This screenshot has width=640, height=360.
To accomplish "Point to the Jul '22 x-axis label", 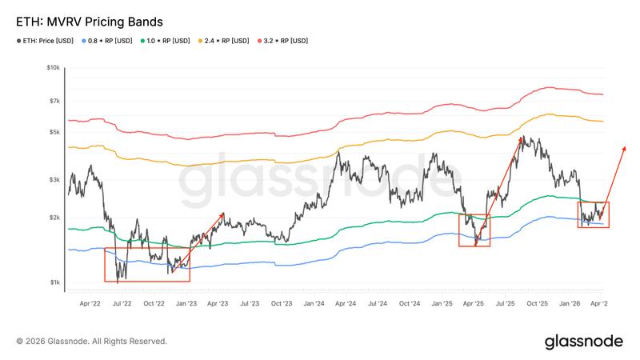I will point(122,305).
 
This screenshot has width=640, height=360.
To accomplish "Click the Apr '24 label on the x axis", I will point(346,305).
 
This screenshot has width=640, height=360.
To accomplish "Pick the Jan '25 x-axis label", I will point(442,305).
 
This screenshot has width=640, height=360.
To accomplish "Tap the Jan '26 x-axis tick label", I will point(570,305).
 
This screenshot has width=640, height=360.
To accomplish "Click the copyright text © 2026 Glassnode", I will point(92,341).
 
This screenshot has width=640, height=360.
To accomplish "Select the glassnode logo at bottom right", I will point(584,342).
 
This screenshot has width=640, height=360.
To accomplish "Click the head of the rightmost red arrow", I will point(624,148).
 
